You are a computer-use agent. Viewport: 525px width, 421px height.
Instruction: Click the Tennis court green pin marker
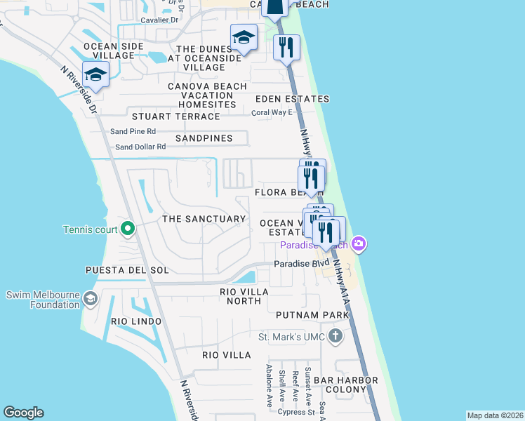tap(127, 228)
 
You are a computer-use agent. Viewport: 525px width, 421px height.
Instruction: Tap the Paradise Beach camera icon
tap(359, 243)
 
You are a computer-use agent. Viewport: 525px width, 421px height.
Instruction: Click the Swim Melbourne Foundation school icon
tap(90, 299)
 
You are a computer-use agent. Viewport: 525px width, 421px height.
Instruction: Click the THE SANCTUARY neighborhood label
tap(204, 219)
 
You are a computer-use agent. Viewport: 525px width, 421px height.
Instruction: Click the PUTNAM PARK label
tap(312, 315)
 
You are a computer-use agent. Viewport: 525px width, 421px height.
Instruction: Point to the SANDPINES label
tap(204, 138)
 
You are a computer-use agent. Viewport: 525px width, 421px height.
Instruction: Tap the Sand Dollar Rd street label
tap(140, 147)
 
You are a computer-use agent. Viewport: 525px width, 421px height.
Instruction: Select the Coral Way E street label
tap(272, 112)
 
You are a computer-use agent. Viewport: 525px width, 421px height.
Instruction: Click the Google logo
tap(23, 413)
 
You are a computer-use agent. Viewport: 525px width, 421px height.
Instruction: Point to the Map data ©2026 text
tap(494, 415)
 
